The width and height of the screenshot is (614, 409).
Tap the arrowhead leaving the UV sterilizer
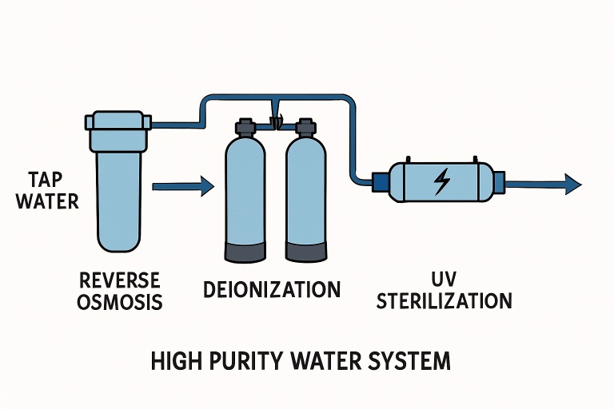pos(573,185)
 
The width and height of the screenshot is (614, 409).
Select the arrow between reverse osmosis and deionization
pos(183,187)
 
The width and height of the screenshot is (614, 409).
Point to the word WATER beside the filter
pos(48,201)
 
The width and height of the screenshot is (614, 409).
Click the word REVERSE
pos(121,280)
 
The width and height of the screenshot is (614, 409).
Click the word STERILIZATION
pos(444,301)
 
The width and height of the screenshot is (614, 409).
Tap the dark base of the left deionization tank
pos(244,250)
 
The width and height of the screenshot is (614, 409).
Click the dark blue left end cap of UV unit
pos(380,183)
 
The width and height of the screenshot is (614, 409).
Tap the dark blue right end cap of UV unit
pos(499,183)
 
